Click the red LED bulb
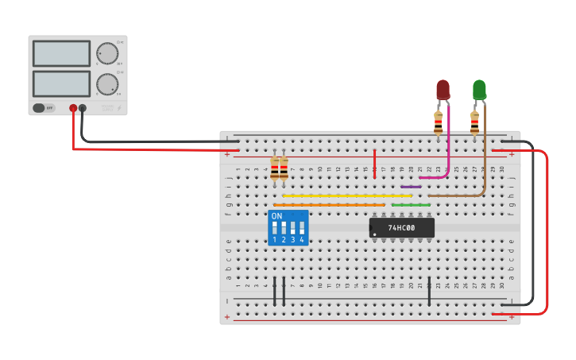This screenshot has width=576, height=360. coord(443,88)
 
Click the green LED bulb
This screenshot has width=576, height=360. coord(479,88)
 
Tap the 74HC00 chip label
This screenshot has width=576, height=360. coord(401,228)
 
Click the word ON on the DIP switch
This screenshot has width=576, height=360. coord(276,216)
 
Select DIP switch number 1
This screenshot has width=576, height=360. coord(275,229)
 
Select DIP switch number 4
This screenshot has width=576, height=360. coord(302,229)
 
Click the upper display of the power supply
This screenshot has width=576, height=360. coord(61,53)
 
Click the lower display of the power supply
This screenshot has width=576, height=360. coord(61,83)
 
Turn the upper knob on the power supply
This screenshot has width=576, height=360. coord(106,53)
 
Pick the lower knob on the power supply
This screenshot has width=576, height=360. coord(106,83)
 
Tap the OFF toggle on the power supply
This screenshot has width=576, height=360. coord(44,108)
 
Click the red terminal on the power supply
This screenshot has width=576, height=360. coord(73,108)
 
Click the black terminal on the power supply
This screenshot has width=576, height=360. coord(83,108)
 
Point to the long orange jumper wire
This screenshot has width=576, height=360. coord(329,205)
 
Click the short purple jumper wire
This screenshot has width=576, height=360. coord(411,187)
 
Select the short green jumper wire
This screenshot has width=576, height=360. coord(411,205)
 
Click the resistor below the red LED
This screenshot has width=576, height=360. coord(438,122)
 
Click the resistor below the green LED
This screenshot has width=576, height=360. coord(474,122)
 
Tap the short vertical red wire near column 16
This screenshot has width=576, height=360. coord(375,162)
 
